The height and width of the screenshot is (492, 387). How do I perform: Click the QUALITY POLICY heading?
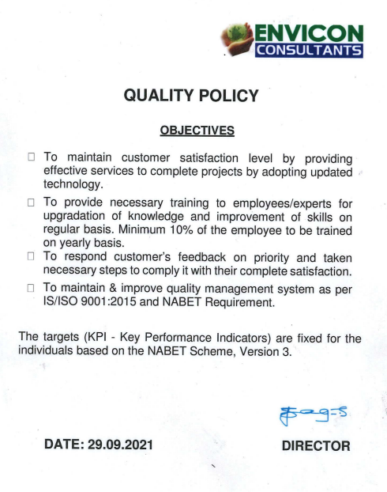pyautogui.click(x=192, y=96)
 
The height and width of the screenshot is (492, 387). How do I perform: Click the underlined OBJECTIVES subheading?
pyautogui.click(x=193, y=129)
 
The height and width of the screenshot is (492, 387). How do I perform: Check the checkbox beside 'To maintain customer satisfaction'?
pyautogui.click(x=32, y=157)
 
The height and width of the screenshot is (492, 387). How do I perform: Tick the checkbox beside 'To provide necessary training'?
pyautogui.click(x=32, y=202)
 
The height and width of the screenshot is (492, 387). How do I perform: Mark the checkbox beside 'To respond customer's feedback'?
pyautogui.click(x=32, y=257)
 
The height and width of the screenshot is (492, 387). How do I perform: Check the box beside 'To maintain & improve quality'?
pyautogui.click(x=32, y=287)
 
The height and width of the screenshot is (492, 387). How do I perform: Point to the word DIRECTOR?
pyautogui.click(x=316, y=446)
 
